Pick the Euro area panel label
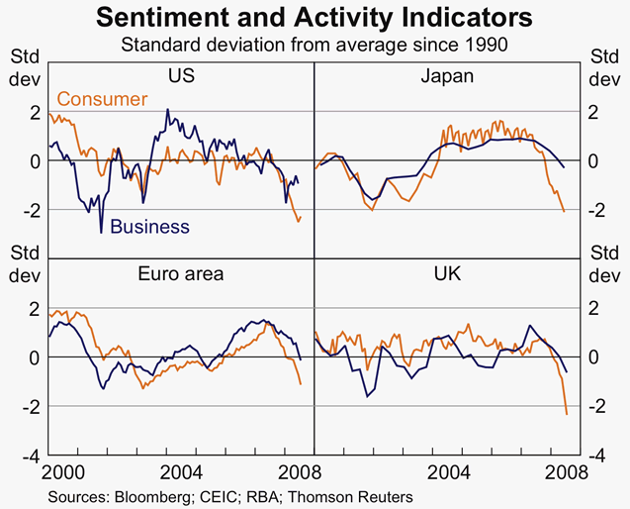[182, 273]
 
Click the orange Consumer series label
[102, 99]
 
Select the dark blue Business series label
[149, 227]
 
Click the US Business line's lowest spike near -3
[101, 233]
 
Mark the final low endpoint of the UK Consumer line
[567, 414]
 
